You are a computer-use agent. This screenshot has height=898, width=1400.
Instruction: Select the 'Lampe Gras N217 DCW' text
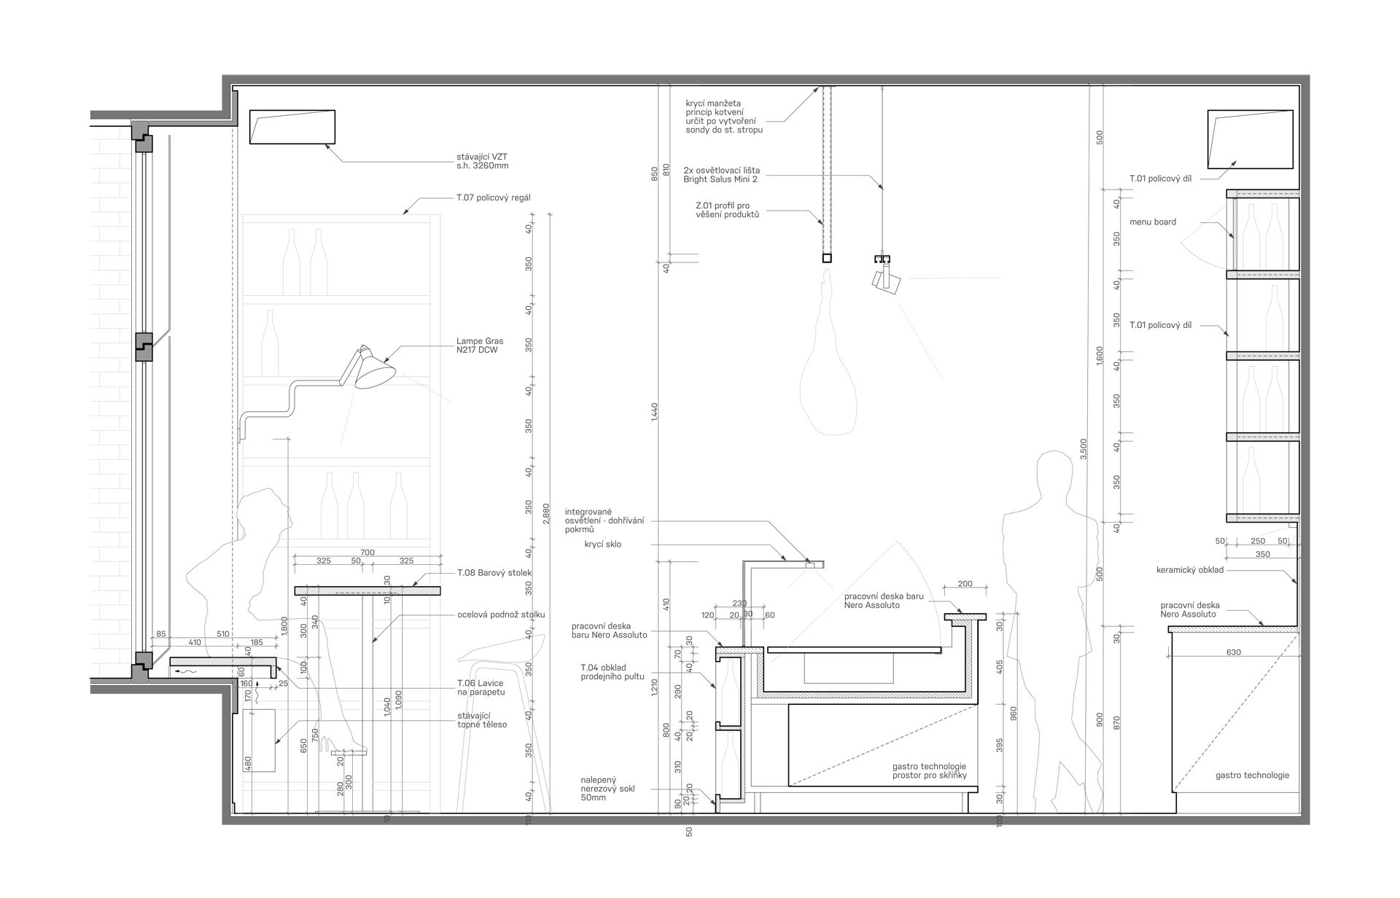pos(480,345)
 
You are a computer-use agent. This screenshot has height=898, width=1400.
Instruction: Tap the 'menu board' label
pos(1153,222)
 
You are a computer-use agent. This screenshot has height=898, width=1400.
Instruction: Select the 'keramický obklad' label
pos(1190,570)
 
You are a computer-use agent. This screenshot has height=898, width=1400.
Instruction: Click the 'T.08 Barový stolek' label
pos(494,573)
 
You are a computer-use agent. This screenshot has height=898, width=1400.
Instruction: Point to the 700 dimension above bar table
pos(367,553)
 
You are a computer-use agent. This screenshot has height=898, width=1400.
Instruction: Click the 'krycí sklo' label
pos(603,544)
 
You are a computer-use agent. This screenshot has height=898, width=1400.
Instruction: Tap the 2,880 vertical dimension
pos(547,513)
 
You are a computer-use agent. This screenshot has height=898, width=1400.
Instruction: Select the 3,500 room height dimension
pos(1084,448)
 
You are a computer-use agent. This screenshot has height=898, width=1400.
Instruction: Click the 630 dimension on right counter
pos(1234,653)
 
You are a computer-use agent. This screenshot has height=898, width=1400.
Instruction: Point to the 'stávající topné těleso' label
pos(482,720)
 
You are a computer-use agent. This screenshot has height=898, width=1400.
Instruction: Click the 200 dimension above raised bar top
pos(965,584)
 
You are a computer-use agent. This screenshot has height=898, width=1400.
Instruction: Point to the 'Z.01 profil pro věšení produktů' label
pos(728,210)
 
